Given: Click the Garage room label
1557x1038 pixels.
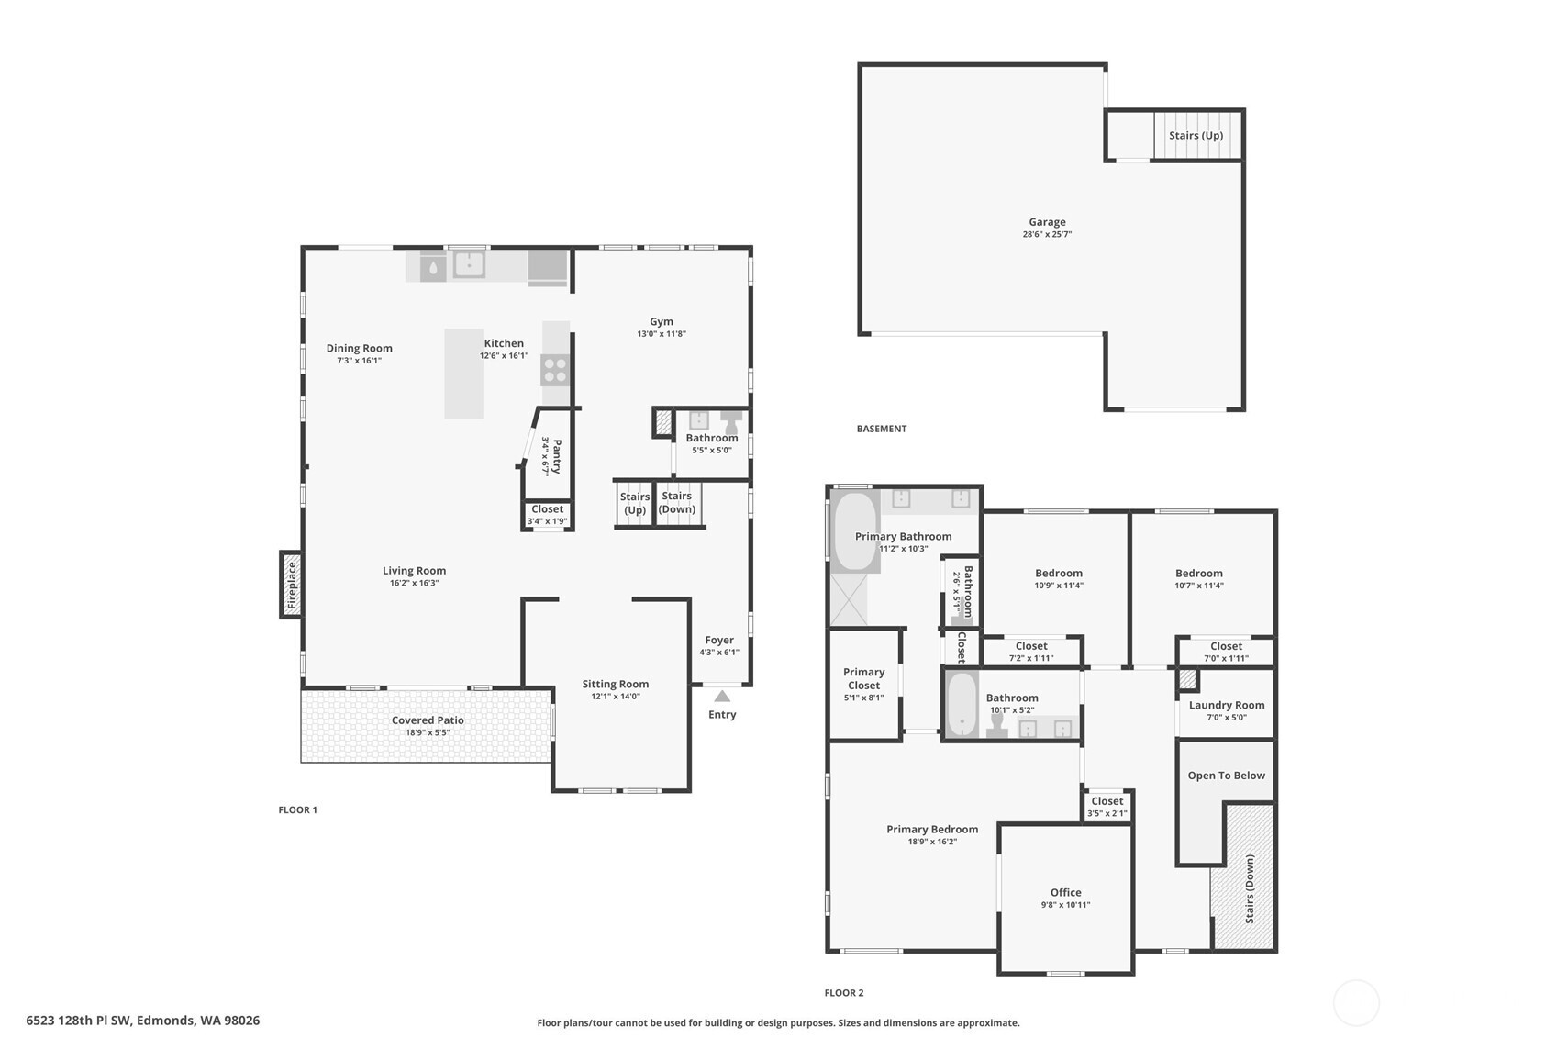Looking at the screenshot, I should (1047, 222).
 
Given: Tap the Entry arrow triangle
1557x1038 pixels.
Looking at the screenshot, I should (722, 697).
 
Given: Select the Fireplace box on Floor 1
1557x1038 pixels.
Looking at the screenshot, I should (292, 585).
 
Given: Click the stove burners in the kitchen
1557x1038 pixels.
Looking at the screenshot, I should (555, 370).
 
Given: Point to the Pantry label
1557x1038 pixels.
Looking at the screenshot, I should (556, 455).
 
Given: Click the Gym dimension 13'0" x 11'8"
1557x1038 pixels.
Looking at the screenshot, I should (662, 334).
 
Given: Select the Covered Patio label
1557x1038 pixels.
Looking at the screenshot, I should (428, 720).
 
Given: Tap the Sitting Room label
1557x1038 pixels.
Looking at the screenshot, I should (615, 684).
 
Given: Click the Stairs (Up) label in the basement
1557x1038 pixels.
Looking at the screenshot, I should (1196, 136).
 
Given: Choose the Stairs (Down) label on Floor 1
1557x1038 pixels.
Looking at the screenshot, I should (677, 503).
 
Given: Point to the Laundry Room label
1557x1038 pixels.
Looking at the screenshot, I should (1227, 705).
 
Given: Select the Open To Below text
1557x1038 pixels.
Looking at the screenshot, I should (1226, 776).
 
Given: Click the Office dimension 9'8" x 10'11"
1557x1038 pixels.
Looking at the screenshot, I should (1065, 905).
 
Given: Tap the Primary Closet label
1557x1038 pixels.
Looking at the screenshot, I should (863, 678).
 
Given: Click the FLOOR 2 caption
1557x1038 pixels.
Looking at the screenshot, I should (843, 993).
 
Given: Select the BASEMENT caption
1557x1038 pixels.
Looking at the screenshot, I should (881, 429).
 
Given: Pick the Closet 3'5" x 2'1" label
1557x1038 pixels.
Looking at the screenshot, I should (1107, 801).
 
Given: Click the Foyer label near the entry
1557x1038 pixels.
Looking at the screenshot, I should (719, 641).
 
